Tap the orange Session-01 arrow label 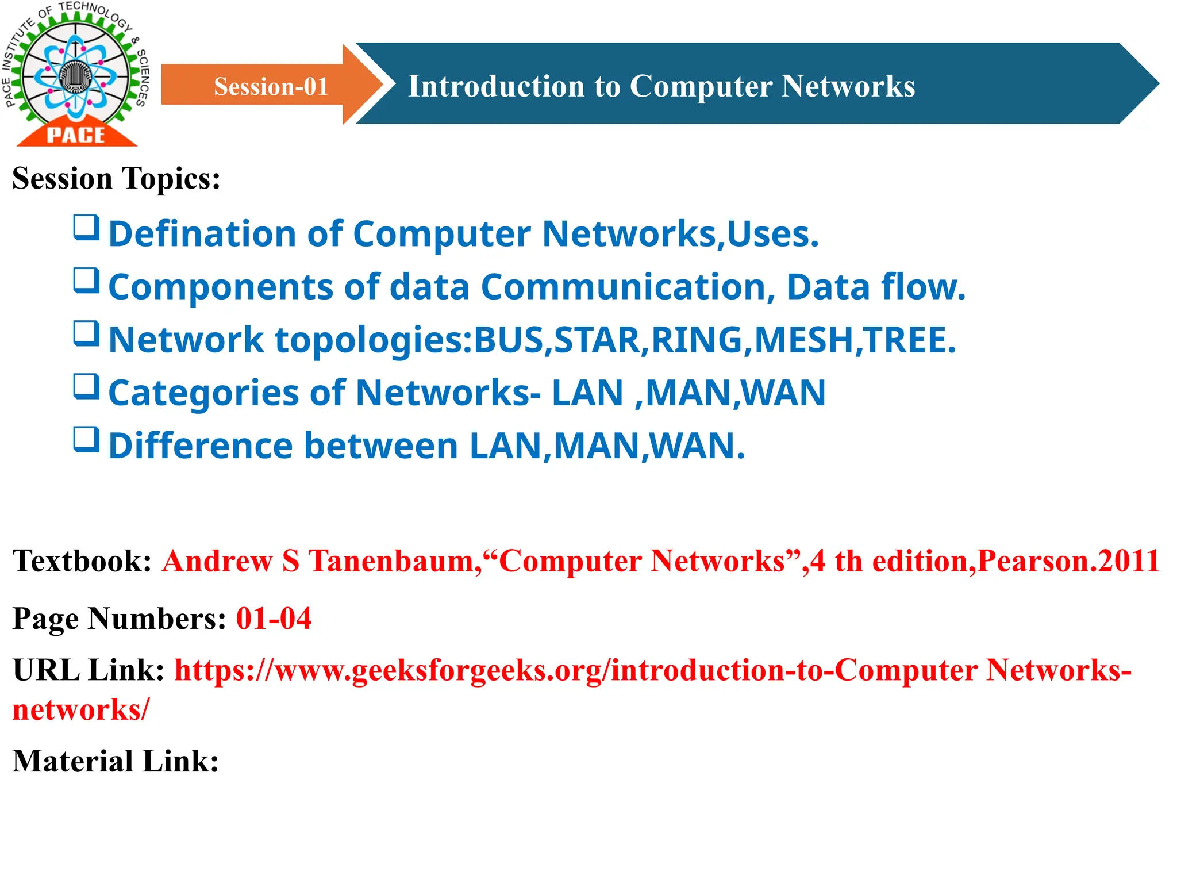click(271, 86)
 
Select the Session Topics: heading click(116, 178)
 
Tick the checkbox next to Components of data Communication click(86, 281)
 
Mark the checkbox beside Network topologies click(86, 334)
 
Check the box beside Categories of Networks click(86, 387)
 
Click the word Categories click(203, 393)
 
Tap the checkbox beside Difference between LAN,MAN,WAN click(86, 440)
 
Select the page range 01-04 click(274, 619)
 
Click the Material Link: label click(116, 762)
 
